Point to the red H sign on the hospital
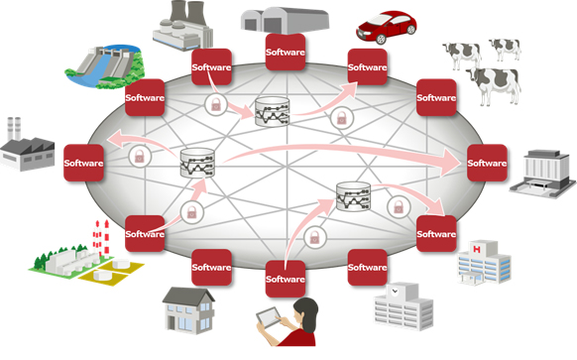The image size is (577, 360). coord(477,244)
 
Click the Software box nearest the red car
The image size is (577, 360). coord(367,68)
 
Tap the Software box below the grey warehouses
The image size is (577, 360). coord(286,50)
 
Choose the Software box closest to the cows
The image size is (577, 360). coord(436,97)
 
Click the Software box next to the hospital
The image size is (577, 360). coord(436,234)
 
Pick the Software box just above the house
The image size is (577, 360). coord(211,267)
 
